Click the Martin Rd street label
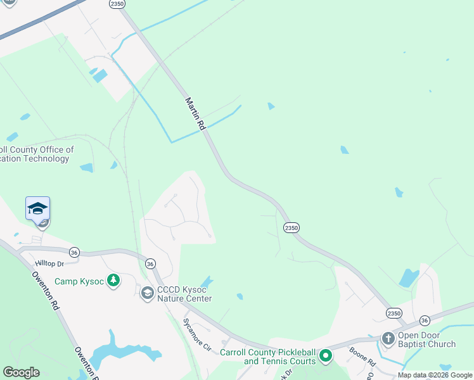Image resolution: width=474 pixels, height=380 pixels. [196, 114]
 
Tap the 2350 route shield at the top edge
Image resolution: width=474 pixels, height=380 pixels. [116, 4]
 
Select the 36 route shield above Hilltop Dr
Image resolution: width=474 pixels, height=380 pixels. [75, 252]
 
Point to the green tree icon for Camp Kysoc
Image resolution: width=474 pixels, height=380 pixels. [113, 281]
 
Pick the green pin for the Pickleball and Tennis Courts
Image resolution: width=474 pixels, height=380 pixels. [326, 356]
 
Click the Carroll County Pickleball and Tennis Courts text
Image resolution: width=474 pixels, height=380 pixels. [267, 357]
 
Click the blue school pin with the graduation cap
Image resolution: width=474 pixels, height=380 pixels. [37, 208]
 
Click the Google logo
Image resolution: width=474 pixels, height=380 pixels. [21, 372]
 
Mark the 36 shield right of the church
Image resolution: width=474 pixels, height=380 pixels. [425, 320]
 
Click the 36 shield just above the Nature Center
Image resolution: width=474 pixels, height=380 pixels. [150, 263]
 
